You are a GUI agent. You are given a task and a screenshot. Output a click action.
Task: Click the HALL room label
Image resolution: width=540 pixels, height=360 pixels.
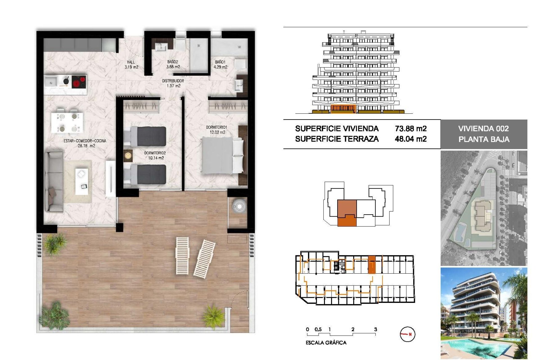[x=131, y=62]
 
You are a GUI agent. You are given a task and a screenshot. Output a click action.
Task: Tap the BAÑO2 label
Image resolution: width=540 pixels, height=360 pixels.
[x=173, y=62]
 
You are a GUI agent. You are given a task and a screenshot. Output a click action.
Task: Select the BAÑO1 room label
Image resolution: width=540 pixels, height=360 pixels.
[x=220, y=62]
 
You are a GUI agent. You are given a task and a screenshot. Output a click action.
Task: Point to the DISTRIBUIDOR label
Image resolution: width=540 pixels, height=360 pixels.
[x=173, y=81]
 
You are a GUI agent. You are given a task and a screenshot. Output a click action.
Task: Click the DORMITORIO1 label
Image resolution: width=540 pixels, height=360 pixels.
[x=217, y=127]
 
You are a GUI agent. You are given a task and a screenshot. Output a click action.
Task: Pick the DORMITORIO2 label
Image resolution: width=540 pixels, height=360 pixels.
[x=155, y=153]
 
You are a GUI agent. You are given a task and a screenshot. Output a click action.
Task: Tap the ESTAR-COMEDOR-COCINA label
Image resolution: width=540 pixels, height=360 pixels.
[x=85, y=141]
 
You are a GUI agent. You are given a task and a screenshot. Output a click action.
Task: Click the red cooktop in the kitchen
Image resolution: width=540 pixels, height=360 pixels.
[x=79, y=82]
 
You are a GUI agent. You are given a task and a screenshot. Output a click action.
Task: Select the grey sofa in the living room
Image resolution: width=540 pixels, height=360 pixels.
[x=54, y=181]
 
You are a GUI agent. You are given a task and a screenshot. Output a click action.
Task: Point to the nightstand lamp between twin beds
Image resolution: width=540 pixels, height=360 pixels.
[x=128, y=156]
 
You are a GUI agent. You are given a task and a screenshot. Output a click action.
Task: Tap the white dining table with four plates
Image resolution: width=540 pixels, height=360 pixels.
[x=67, y=123]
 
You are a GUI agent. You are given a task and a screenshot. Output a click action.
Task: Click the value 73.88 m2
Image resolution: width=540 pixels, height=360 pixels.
[x=411, y=129]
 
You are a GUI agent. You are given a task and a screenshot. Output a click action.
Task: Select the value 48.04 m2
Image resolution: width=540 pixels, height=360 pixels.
[x=411, y=139]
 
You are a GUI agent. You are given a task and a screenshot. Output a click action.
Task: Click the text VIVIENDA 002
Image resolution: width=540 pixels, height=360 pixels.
[x=483, y=129]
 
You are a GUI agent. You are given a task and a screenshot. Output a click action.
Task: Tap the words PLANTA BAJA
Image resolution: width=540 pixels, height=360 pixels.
[x=484, y=139]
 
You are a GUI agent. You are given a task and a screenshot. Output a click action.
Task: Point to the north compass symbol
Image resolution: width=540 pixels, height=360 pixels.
[x=407, y=334]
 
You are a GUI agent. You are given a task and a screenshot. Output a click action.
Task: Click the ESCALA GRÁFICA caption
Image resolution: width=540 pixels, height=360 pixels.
[x=326, y=343]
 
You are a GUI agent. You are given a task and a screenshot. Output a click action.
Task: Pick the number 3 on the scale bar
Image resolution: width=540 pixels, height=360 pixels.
[x=375, y=329]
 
